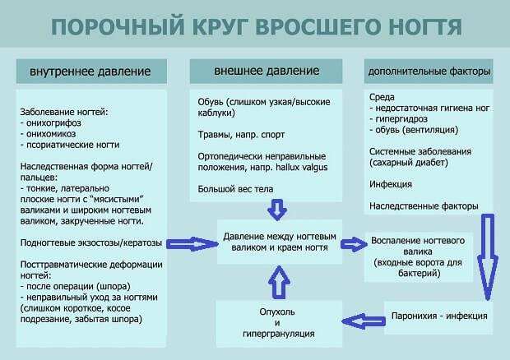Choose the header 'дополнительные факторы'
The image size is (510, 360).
tap(429, 71)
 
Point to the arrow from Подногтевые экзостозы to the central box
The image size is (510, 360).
tap(190, 243)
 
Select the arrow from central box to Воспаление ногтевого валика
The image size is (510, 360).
tap(354, 243)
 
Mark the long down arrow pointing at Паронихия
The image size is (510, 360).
tap(487, 255)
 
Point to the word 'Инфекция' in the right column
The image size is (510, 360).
tap(390, 184)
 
